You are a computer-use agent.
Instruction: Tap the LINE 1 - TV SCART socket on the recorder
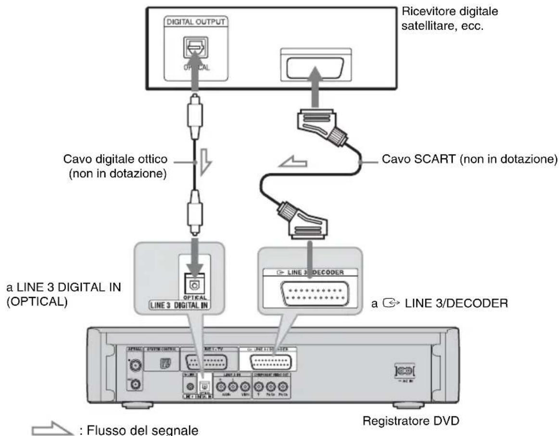tap(210, 362)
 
